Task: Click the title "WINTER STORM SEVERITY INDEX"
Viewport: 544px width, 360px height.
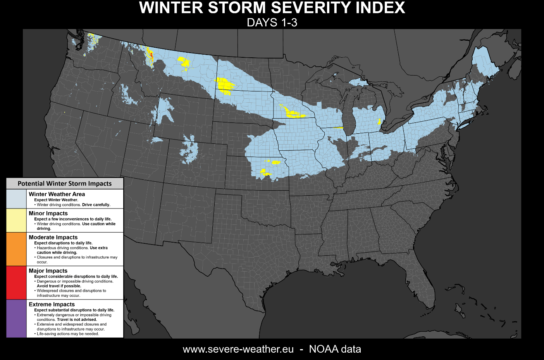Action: [x=272, y=8]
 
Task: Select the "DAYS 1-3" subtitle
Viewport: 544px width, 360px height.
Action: [x=272, y=22]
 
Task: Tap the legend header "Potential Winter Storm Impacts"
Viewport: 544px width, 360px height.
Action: [x=65, y=184]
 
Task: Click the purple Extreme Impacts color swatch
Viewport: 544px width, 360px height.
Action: [x=16, y=319]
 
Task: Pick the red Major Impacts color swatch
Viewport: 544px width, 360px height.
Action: [x=16, y=282]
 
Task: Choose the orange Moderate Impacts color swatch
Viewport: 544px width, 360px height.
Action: [x=16, y=249]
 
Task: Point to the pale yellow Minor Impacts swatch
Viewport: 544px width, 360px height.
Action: [x=16, y=220]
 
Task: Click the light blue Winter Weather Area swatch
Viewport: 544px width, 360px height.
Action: [x=16, y=199]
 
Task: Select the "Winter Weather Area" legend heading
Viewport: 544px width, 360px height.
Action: [x=57, y=194]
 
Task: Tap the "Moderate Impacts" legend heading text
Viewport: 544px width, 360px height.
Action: [x=53, y=237]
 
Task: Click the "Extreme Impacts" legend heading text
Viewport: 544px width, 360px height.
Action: [x=52, y=304]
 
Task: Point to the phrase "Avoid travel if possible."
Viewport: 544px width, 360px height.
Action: [x=59, y=286]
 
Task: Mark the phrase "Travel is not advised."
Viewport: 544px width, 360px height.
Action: [x=77, y=320]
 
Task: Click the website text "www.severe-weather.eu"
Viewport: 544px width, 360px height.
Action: [x=238, y=349]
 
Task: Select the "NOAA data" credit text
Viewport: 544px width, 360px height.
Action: [x=335, y=349]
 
